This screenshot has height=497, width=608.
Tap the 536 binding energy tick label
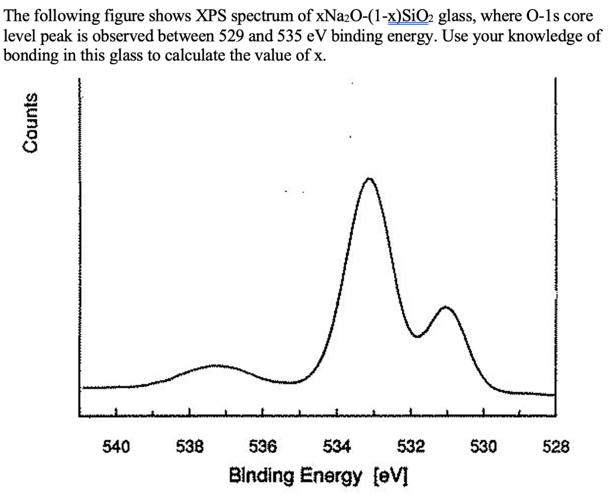click(x=263, y=445)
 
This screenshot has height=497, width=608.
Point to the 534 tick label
click(x=337, y=445)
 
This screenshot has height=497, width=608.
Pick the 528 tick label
click(x=556, y=445)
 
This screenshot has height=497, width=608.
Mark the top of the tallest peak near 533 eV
click(x=369, y=178)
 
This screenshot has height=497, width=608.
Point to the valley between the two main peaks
click(x=419, y=337)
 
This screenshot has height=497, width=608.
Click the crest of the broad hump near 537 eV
click(x=215, y=366)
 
